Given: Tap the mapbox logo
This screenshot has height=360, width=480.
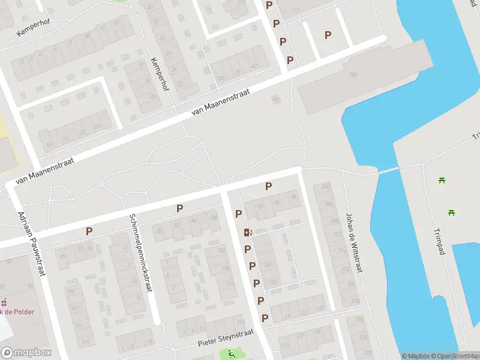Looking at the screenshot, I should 26,352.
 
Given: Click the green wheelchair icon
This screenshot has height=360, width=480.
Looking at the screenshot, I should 231,354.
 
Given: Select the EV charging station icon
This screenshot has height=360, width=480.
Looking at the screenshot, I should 247,232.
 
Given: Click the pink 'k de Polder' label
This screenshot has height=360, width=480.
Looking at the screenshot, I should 17,311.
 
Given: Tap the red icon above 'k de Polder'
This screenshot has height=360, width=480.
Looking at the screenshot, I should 4,302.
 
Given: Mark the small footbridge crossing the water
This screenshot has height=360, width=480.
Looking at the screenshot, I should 388,170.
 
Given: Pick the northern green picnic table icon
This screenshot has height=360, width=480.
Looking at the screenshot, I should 442,180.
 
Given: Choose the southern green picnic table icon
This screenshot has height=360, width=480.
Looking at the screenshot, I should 451,212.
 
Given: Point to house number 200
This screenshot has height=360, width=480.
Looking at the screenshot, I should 326,187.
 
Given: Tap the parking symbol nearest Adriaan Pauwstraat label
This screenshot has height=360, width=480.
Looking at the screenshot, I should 89,231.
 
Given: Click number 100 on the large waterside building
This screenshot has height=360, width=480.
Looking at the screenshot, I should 352,74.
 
